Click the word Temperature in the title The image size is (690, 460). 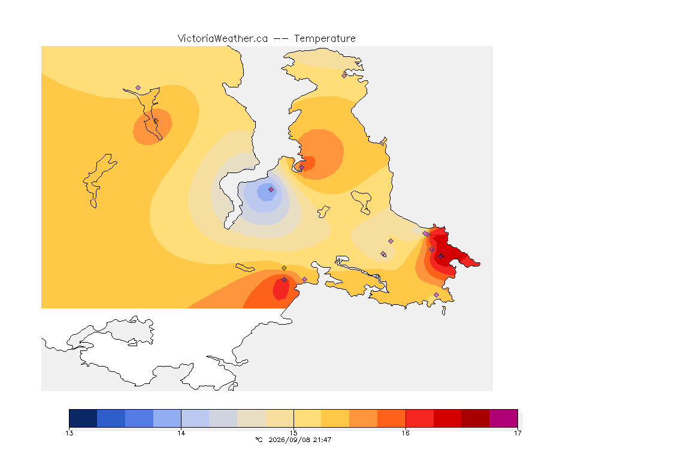(x=325, y=39)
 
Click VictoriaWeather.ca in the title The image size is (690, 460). (x=223, y=39)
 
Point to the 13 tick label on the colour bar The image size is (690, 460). (x=69, y=433)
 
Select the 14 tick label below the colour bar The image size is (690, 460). (x=181, y=433)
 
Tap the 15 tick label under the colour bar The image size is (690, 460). (x=293, y=433)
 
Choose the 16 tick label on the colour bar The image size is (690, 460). (x=405, y=433)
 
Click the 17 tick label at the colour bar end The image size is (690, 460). (x=517, y=433)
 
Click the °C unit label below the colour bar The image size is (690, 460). (x=259, y=440)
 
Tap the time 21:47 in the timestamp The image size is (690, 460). (x=322, y=440)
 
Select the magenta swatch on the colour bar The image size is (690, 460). (x=503, y=418)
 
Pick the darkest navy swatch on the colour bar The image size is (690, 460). (x=83, y=418)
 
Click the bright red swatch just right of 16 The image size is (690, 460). (x=419, y=418)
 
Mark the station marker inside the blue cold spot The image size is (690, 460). (x=271, y=190)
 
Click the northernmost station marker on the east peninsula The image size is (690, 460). (x=344, y=75)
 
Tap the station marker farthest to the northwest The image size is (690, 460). (x=138, y=88)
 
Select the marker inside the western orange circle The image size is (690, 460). (x=156, y=121)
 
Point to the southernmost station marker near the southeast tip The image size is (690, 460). (x=436, y=295)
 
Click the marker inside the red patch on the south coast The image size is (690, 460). (x=285, y=280)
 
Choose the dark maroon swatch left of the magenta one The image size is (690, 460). (x=475, y=418)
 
